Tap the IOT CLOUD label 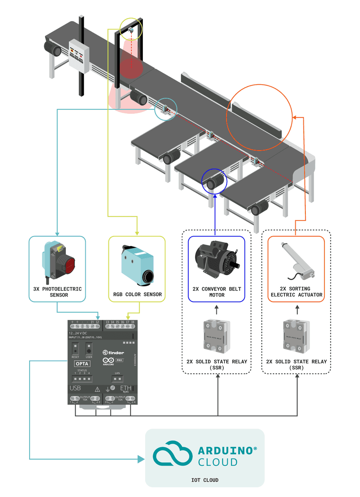coord(205,480)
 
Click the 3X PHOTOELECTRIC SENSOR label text coord(57,292)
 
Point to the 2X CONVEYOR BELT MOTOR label coord(216,292)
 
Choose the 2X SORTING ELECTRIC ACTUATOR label coord(296,292)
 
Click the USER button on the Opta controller coord(89,349)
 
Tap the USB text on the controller coord(75,388)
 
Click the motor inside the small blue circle coord(214,183)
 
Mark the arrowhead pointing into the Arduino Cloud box coord(141,459)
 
